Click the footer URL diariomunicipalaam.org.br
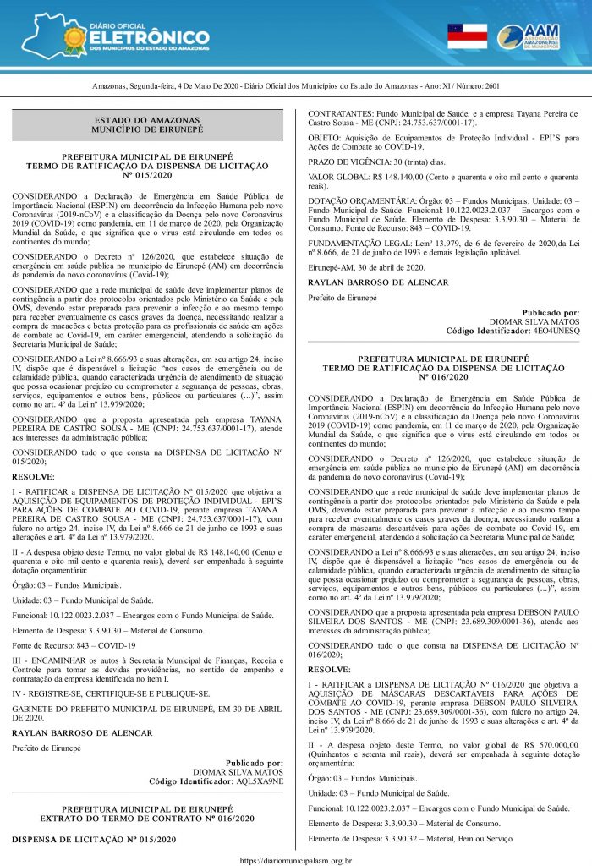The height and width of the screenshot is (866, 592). (x=296, y=859)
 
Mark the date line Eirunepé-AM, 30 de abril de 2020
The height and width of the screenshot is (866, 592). (x=372, y=267)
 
